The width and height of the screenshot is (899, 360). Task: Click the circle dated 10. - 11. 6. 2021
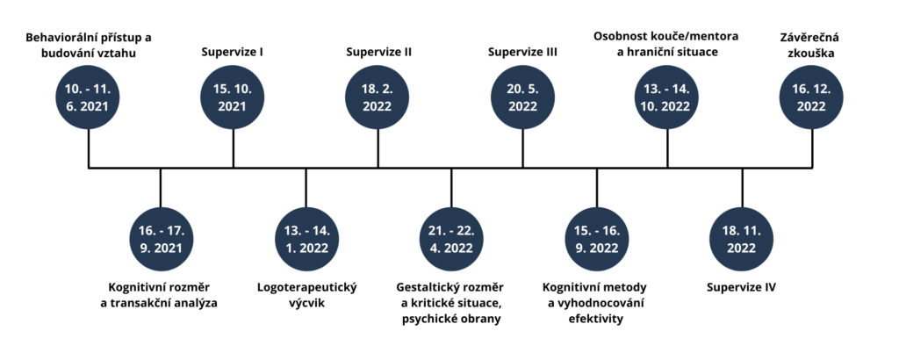(x=89, y=97)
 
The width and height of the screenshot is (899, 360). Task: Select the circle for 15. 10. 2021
(x=233, y=97)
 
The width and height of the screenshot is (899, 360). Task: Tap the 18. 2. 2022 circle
(x=378, y=97)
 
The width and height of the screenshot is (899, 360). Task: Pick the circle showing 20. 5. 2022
(x=523, y=97)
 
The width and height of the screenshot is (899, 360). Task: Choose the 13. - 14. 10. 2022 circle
(x=667, y=97)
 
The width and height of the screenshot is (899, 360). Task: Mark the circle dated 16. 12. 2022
(x=812, y=97)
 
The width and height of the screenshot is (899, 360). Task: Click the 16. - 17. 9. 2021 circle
(x=161, y=239)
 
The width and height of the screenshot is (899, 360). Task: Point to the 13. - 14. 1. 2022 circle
(x=306, y=239)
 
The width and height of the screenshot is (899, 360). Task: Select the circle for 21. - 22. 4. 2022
(x=450, y=239)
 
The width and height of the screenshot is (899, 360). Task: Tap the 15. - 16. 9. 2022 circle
(x=596, y=239)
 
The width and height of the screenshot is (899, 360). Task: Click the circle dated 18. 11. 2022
(x=742, y=239)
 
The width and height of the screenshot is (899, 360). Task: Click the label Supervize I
(x=233, y=53)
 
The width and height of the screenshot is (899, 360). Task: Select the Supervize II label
(x=379, y=53)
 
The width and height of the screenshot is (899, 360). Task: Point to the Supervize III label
(x=523, y=53)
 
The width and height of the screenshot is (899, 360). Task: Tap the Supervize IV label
(x=742, y=287)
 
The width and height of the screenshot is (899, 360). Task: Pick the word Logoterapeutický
(x=306, y=287)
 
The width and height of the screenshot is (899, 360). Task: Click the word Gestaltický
(x=422, y=287)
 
